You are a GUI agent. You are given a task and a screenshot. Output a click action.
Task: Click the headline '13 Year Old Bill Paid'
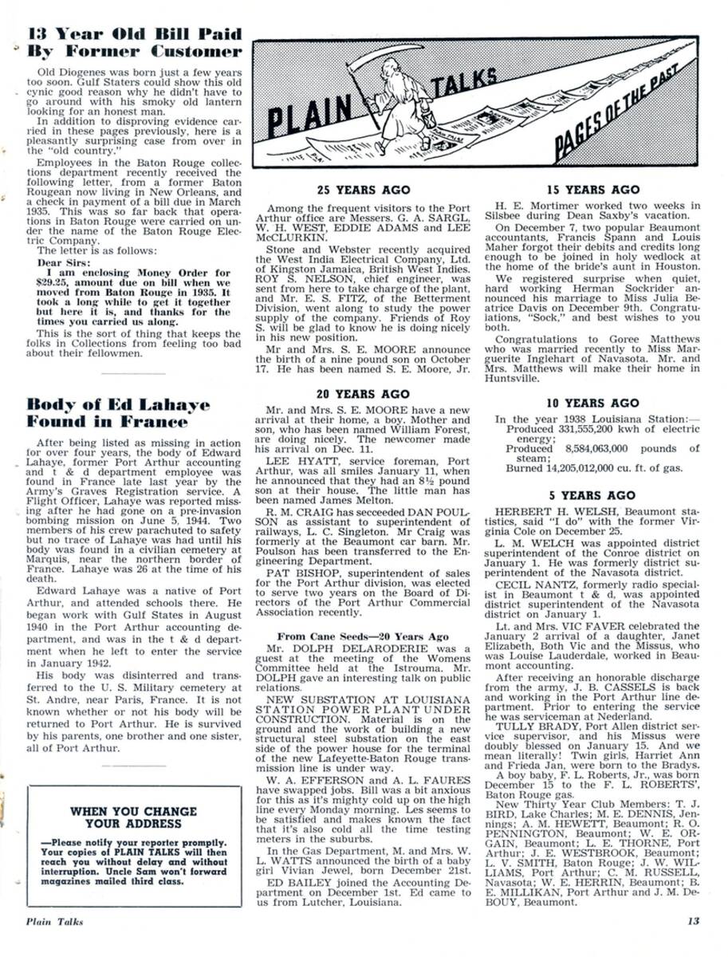(135, 34)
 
